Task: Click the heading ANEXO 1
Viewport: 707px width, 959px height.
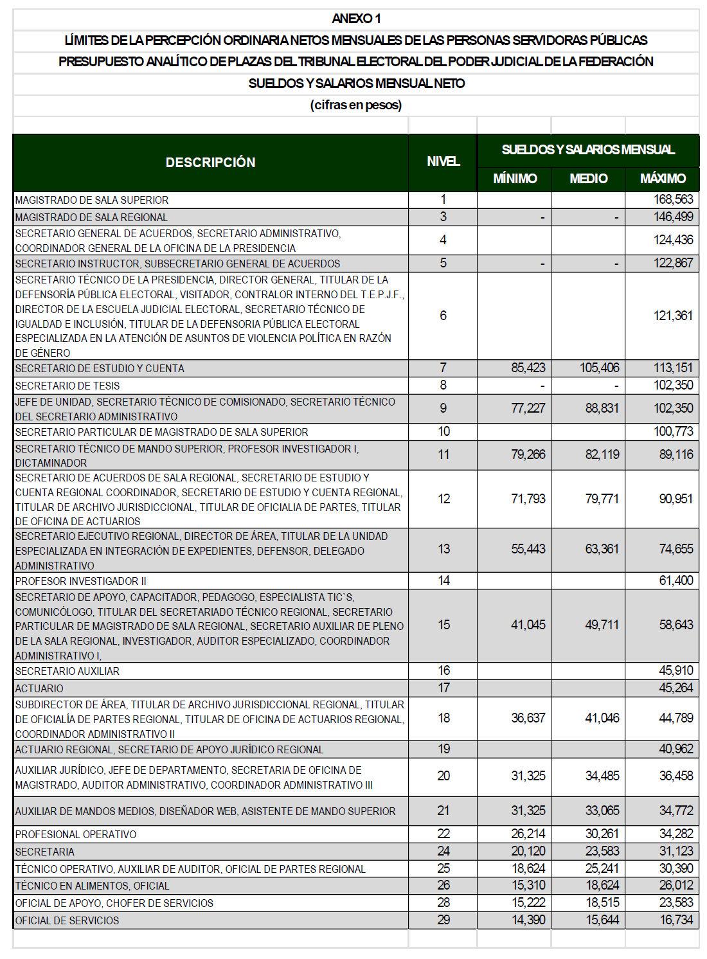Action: point(356,19)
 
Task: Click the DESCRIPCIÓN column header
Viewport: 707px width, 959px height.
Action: point(210,163)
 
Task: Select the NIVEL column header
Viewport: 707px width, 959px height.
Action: point(443,161)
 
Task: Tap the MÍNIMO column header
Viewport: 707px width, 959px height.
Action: point(515,179)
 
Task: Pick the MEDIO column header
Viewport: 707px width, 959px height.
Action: point(588,179)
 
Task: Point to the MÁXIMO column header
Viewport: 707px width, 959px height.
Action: point(663,179)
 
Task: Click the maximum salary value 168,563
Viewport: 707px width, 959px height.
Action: point(673,200)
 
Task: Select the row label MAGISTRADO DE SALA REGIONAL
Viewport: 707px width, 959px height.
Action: point(91,217)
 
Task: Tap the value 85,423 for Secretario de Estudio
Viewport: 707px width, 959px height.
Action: point(528,368)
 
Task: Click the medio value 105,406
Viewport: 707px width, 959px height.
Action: point(600,368)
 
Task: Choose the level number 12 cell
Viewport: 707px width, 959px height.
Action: point(443,499)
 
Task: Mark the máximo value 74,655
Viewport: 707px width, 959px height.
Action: point(676,549)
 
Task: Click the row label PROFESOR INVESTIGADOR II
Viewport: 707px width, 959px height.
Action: point(81,581)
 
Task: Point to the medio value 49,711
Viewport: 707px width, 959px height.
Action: point(602,625)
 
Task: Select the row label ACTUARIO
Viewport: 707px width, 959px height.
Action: point(39,688)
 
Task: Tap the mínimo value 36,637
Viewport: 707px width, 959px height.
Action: point(528,718)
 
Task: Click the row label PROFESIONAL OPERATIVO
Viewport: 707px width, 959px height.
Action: point(76,834)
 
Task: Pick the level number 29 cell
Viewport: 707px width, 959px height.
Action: point(443,920)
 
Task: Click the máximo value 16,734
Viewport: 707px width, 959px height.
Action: point(676,920)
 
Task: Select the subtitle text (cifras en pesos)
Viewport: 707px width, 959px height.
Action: point(356,105)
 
